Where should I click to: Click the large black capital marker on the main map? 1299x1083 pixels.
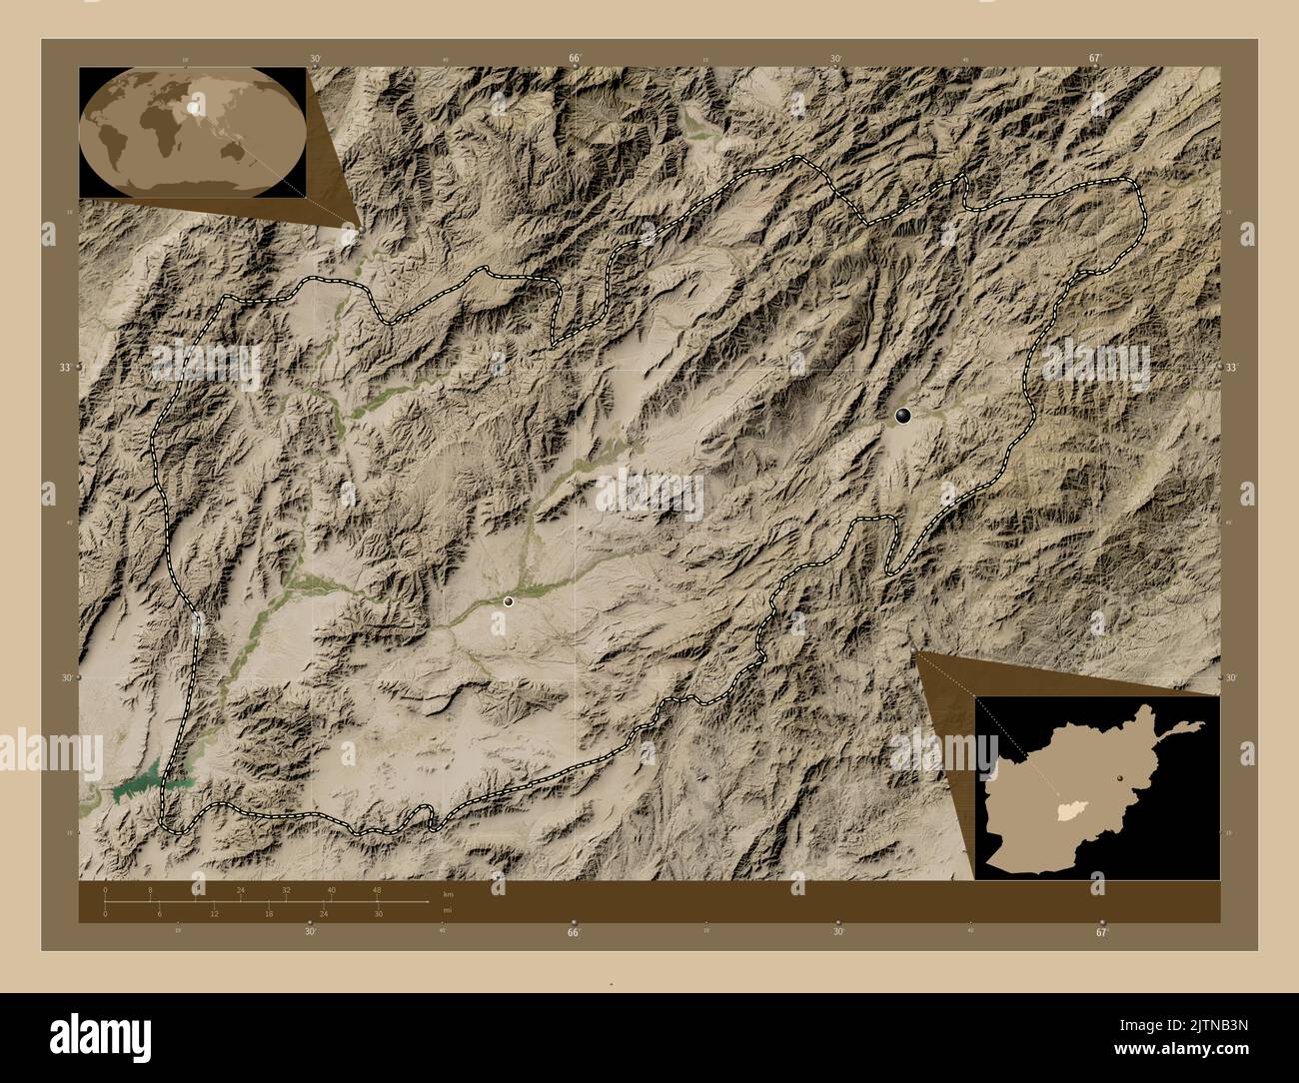[903, 416]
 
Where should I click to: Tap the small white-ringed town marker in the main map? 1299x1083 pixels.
[509, 601]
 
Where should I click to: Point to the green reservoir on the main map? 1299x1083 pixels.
[140, 786]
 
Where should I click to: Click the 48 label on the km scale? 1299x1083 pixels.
[377, 889]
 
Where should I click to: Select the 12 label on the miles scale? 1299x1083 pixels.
[214, 914]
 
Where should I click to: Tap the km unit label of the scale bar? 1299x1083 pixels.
[447, 894]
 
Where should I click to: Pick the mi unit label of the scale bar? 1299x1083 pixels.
[447, 909]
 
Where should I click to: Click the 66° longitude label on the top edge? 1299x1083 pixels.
[575, 58]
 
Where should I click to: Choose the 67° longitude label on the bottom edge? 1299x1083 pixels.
[1101, 932]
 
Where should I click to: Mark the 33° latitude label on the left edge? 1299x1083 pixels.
[63, 368]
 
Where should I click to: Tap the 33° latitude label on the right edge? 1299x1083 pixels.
[1232, 368]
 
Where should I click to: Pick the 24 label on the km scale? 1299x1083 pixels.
[241, 889]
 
